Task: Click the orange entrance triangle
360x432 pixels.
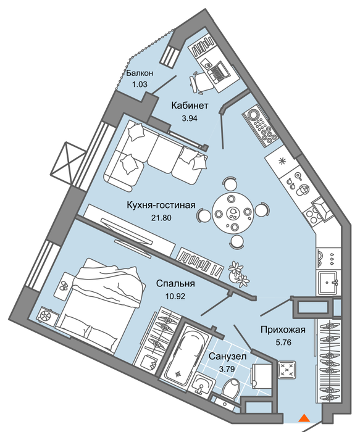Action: pos(304,418)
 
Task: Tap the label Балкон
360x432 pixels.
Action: pos(140,73)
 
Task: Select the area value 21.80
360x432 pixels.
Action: pos(161,218)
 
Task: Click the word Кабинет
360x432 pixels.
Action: pos(190,106)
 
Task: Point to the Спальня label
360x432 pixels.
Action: pos(175,283)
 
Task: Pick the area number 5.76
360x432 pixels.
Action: pos(283,342)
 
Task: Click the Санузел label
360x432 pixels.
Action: pos(227,357)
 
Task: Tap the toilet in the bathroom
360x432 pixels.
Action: pos(231,388)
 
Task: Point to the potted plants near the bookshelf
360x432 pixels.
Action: pos(239,275)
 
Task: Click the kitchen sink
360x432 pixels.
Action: pos(329,283)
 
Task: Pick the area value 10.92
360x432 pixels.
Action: pos(175,296)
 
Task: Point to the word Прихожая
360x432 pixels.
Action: pos(283,330)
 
